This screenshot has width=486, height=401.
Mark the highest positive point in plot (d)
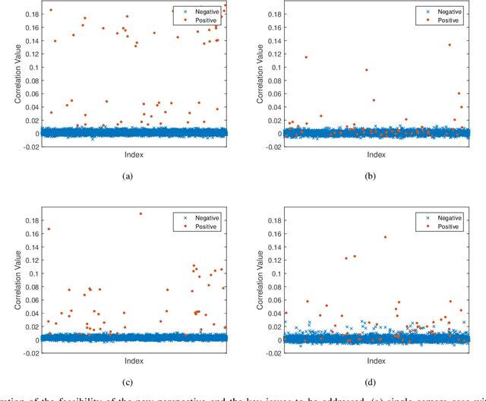click(385, 237)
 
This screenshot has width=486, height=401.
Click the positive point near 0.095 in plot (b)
click(366, 70)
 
